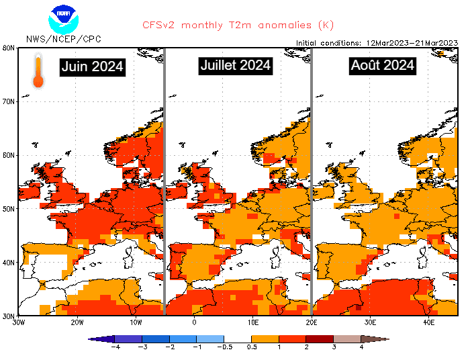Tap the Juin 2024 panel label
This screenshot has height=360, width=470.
(x=93, y=66)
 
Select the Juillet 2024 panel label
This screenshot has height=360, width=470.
(x=236, y=65)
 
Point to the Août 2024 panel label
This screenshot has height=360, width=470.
(x=382, y=66)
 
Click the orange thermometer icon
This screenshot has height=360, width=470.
(x=38, y=72)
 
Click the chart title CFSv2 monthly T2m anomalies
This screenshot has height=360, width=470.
(x=228, y=26)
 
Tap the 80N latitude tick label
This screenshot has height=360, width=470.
(x=9, y=48)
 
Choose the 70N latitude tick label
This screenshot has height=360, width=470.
(x=9, y=101)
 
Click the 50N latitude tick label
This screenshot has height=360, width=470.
(x=9, y=209)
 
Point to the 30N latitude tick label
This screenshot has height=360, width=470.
(x=9, y=316)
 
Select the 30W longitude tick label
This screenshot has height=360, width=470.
(x=19, y=322)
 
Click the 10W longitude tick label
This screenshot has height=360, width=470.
(x=136, y=322)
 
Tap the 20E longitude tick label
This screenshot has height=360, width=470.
(x=311, y=322)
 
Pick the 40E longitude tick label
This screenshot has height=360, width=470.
(x=428, y=322)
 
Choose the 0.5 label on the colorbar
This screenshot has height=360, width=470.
(x=252, y=347)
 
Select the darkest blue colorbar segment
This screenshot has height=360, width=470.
(x=128, y=339)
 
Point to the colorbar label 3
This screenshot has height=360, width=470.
(x=334, y=347)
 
